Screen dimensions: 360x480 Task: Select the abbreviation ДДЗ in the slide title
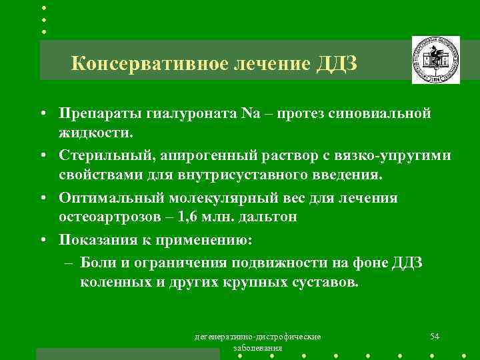pos(338,64)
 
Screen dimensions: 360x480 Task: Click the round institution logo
pos(435,60)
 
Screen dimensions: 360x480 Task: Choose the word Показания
pos(97,239)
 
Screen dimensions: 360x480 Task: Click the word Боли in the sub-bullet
pos(99,263)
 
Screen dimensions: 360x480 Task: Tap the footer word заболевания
pos(257,348)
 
